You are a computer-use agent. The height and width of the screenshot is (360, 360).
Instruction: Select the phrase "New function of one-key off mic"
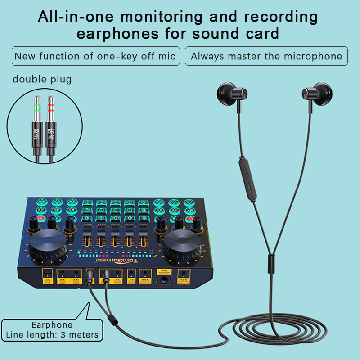click(95, 57)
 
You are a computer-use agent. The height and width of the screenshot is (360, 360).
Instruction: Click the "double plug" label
click(42, 80)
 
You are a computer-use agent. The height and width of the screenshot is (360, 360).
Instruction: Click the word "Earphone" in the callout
click(52, 325)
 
